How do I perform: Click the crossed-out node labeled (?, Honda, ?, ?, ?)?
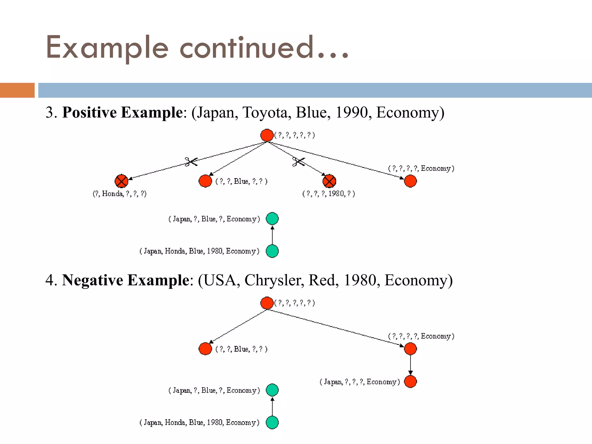point(121,181)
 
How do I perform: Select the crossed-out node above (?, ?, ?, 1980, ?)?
point(329,181)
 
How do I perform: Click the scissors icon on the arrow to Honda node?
point(191,162)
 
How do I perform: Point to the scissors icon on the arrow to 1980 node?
point(299,162)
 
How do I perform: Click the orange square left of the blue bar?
point(17,90)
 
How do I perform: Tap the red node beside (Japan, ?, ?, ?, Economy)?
point(410,382)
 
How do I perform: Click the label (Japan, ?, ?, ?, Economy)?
point(360,382)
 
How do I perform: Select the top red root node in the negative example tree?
point(267,303)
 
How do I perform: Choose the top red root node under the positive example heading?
point(267,135)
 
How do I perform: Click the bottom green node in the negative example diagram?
point(272,422)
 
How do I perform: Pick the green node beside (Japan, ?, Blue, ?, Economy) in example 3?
point(272,219)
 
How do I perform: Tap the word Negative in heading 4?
point(92,280)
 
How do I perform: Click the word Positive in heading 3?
point(90,112)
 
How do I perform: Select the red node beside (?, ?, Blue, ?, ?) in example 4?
point(205,349)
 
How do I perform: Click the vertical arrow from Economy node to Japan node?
point(410,365)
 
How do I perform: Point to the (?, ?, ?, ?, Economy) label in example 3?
point(421,168)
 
